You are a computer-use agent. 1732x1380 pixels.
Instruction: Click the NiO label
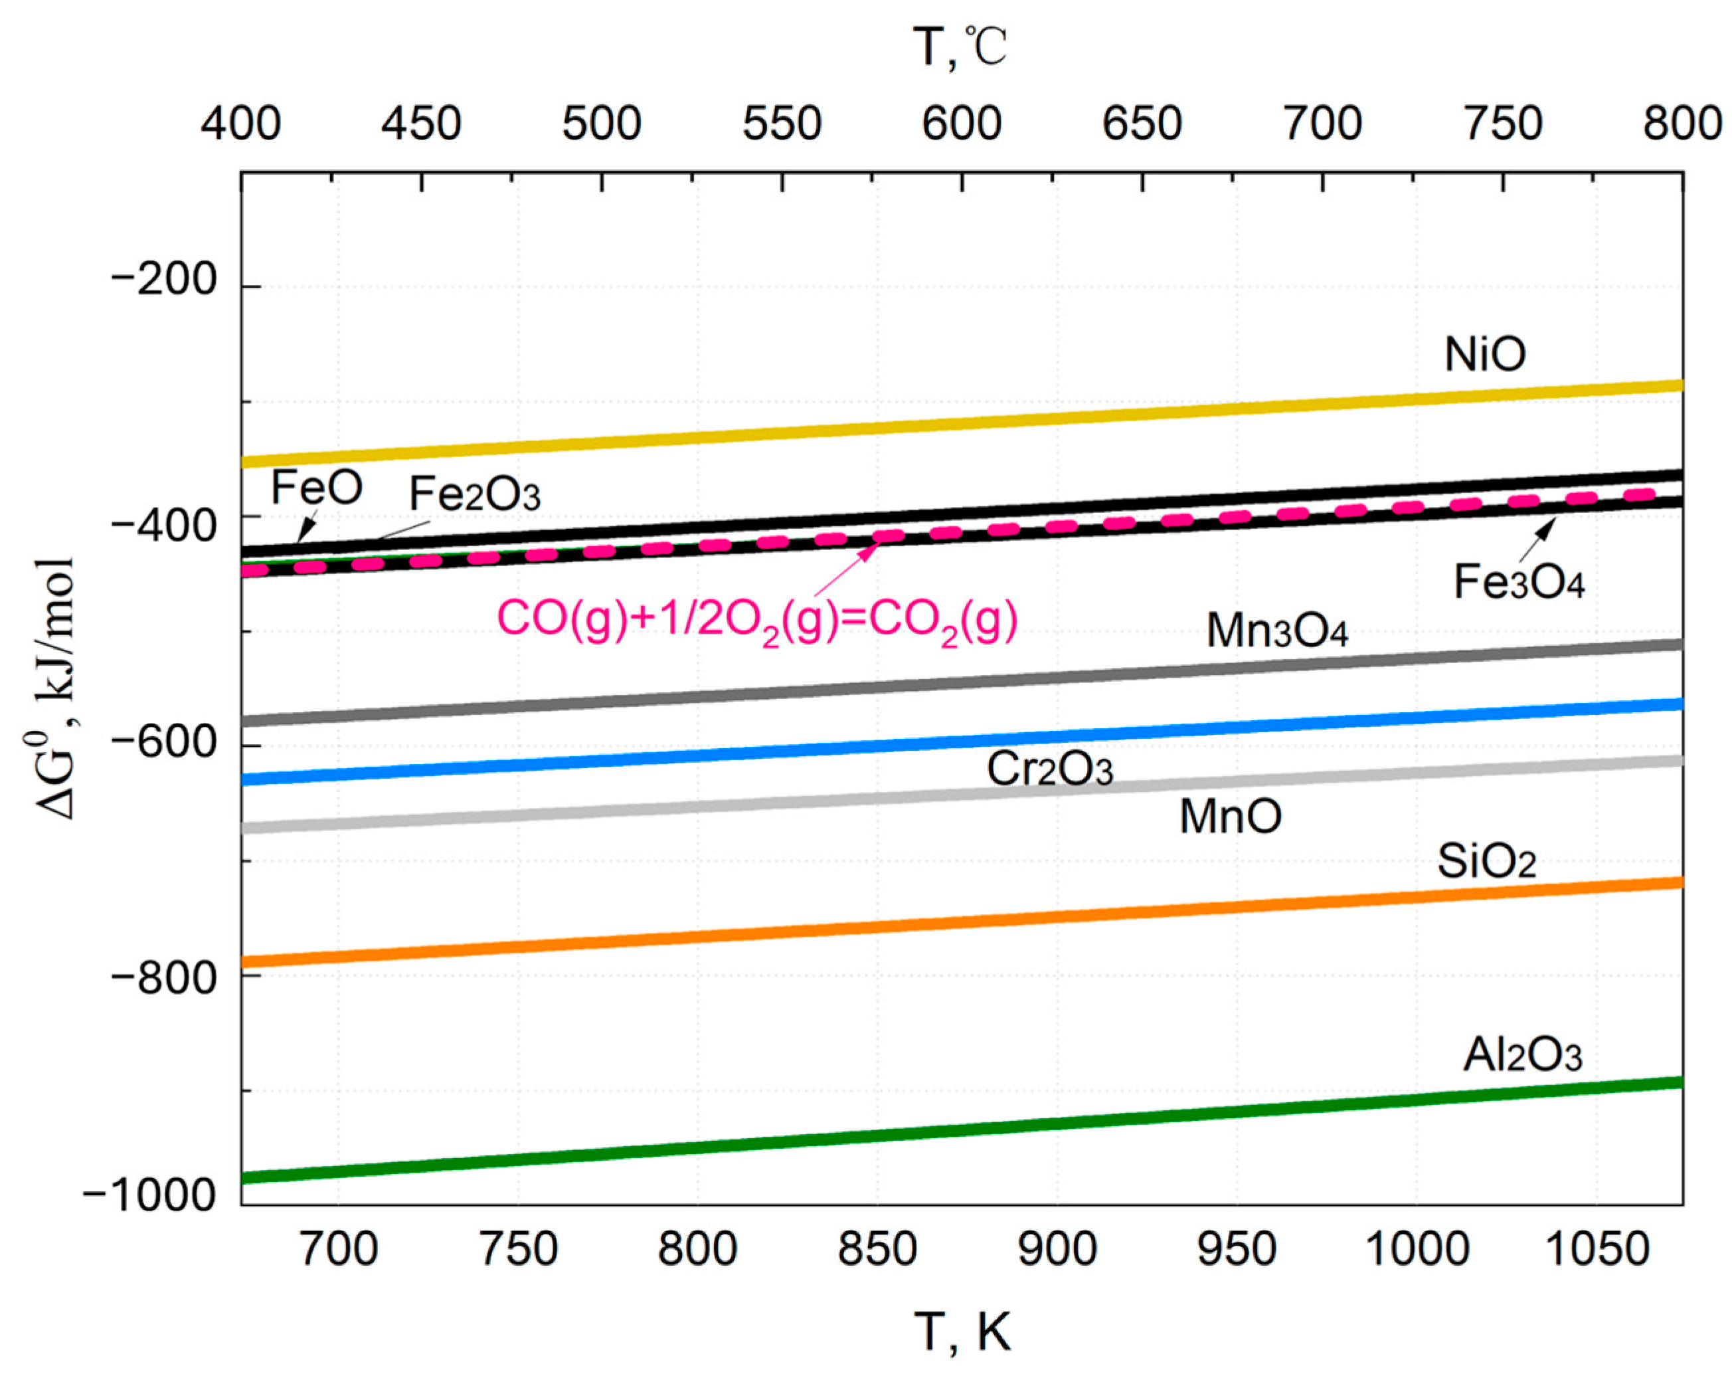tap(1484, 354)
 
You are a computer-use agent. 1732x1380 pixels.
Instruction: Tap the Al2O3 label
tap(1521, 1054)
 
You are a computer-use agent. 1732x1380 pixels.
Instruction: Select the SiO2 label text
tap(1486, 862)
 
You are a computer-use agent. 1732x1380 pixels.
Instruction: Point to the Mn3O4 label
tap(1276, 631)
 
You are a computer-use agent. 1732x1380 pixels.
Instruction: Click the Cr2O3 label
tap(1049, 769)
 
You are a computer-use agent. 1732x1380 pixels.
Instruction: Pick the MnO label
tap(1230, 817)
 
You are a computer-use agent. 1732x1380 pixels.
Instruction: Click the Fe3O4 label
tap(1518, 582)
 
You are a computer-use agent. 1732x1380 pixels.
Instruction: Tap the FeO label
tap(317, 487)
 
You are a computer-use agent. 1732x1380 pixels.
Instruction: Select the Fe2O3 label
tap(475, 494)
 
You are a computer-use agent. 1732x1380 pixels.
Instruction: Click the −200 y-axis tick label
tap(165, 280)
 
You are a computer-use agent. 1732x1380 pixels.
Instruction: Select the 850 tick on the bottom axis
tap(877, 1250)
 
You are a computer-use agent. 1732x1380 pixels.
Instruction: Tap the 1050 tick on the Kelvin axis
tap(1597, 1250)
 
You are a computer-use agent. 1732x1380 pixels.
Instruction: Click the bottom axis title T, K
tap(962, 1331)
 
